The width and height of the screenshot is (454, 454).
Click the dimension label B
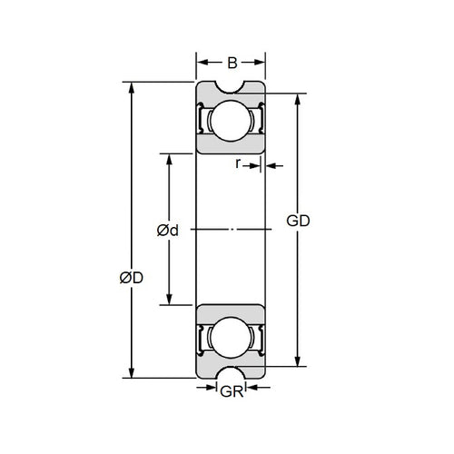tap(232, 64)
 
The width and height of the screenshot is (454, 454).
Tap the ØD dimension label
tap(132, 278)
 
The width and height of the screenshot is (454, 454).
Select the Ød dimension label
tap(167, 231)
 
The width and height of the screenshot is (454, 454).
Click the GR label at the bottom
tap(232, 393)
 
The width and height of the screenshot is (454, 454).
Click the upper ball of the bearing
tap(232, 121)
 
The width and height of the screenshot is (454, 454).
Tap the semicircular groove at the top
tap(232, 88)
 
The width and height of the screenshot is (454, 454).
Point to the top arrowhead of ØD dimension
tap(133, 90)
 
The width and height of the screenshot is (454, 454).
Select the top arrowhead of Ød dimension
tap(168, 161)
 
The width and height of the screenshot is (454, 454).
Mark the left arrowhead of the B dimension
tap(202, 64)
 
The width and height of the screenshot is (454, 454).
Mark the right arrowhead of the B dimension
tap(262, 64)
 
